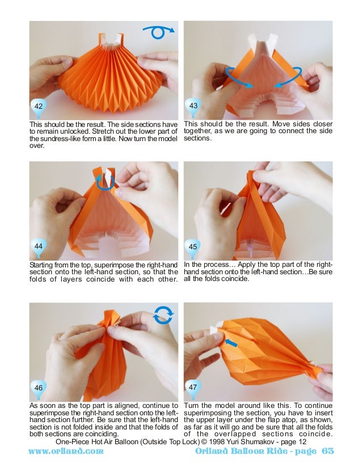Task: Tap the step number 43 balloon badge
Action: [x=193, y=108]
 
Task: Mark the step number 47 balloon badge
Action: [x=192, y=389]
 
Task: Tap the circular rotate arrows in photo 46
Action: [x=163, y=315]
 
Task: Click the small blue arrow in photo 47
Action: [x=231, y=343]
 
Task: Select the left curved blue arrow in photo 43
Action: [x=233, y=79]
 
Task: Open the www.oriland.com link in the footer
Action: [x=66, y=450]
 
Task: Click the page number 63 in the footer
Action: [x=327, y=450]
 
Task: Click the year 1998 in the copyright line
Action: [x=216, y=442]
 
